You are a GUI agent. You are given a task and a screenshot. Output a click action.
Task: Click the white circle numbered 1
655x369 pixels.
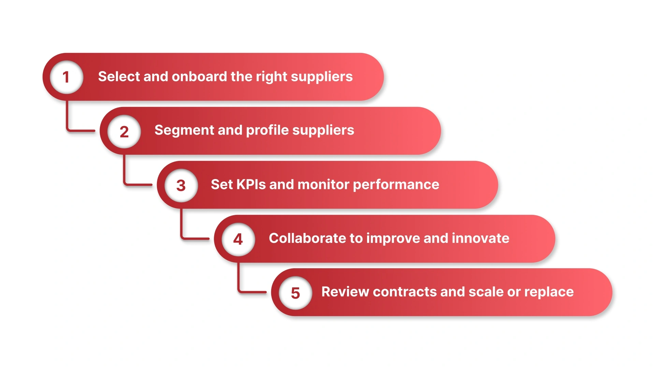[x=67, y=77]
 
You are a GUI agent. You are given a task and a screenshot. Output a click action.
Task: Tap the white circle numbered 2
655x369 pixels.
[x=124, y=131]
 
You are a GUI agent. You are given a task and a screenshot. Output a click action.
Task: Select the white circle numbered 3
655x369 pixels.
[x=181, y=185]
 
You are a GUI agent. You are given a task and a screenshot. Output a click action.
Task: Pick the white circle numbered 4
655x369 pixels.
[x=238, y=239]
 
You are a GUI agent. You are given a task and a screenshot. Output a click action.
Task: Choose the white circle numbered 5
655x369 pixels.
[x=295, y=293]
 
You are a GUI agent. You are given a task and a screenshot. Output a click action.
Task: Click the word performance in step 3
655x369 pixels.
[x=396, y=185]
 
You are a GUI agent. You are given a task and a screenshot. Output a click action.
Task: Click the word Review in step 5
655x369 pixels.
[x=345, y=292]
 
